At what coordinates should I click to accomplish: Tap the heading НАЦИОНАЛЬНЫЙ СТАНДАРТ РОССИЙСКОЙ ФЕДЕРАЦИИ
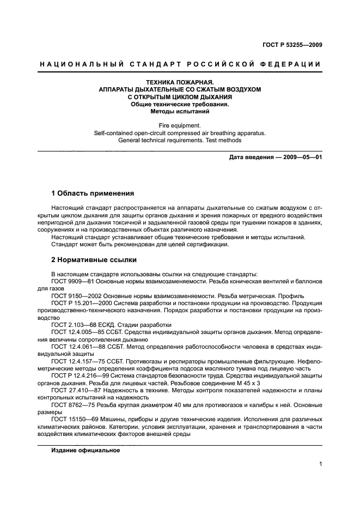point(180,64)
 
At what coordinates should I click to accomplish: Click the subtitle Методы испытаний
point(180,111)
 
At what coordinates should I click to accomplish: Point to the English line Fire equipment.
point(180,125)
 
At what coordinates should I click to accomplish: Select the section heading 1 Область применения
point(92,193)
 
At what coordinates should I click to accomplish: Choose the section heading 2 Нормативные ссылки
point(94,260)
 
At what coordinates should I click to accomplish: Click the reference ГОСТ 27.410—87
point(76,390)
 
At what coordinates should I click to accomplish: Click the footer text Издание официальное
point(86,451)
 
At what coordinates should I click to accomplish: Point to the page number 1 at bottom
point(320,464)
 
